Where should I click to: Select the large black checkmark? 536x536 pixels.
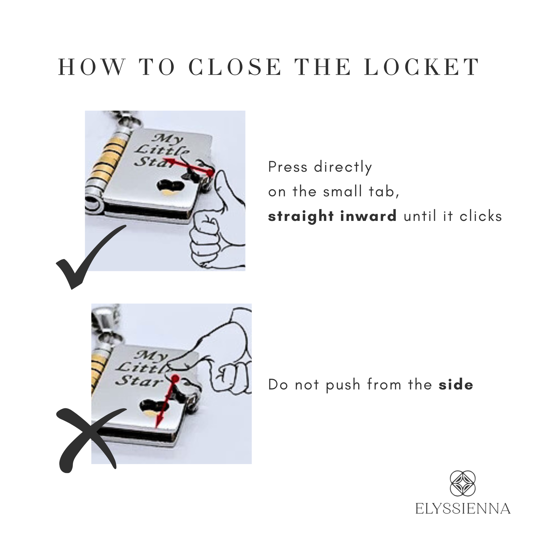(x=91, y=257)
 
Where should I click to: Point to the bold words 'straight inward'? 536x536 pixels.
(x=332, y=217)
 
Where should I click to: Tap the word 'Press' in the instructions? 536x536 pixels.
(x=288, y=167)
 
